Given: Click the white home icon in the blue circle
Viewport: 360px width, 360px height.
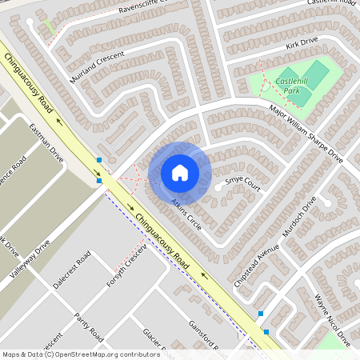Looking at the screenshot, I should pos(180,172).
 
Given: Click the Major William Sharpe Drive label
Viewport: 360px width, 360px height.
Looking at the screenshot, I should pos(306,134).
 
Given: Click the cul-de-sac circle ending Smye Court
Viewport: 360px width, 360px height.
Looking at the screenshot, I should pos(218,187).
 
